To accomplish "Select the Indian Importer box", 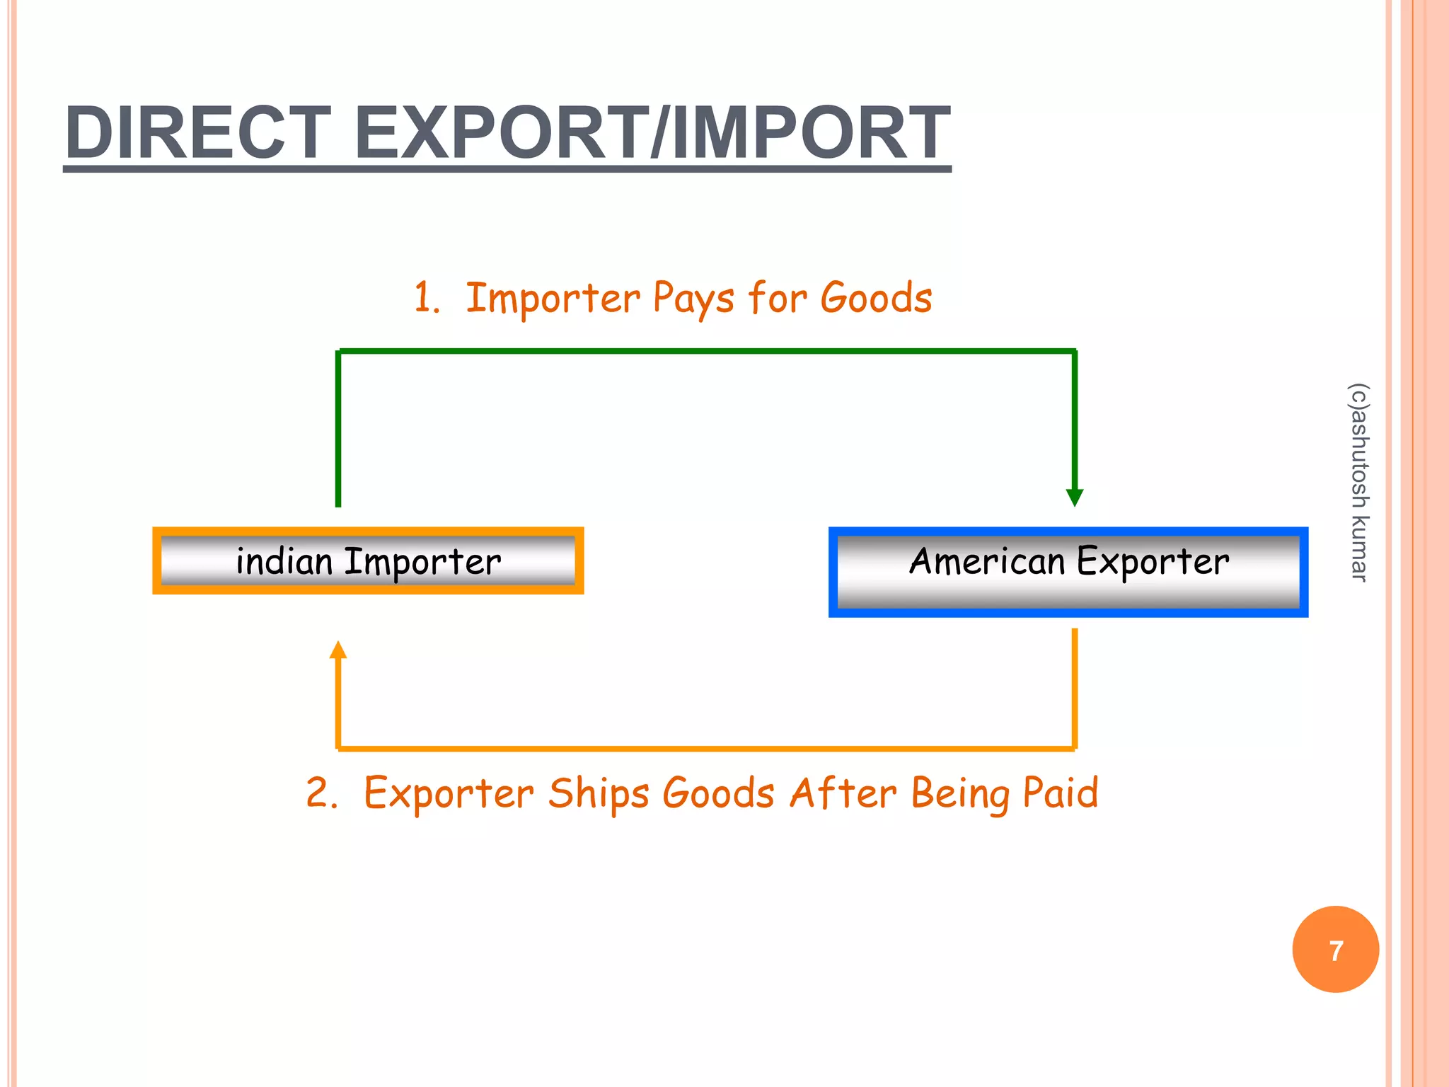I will coord(368,561).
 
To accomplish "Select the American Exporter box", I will coord(1068,572).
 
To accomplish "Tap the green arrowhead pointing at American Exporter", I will coord(1075,497).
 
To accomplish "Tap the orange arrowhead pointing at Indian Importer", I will coord(338,650).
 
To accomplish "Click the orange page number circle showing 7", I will coord(1335,950).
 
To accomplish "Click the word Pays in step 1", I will coord(693,299).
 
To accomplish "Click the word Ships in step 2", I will coord(599,793).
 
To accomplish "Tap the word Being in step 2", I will coord(960,795).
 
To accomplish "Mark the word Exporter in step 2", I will coord(449,793).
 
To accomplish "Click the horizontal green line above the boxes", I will coord(708,350).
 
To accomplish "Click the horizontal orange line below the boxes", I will coord(708,747).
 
